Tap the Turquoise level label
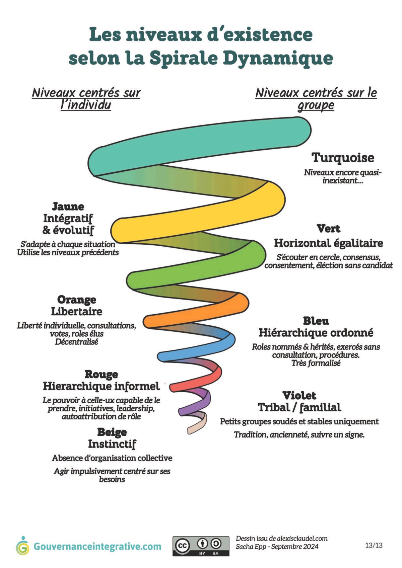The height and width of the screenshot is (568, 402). pyautogui.click(x=343, y=158)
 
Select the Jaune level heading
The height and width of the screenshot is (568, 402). pyautogui.click(x=68, y=207)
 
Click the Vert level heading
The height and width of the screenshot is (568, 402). pyautogui.click(x=328, y=229)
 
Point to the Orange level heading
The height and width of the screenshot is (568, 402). pyautogui.click(x=77, y=300)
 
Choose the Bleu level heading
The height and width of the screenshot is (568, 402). pyautogui.click(x=316, y=321)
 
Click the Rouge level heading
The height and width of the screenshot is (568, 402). pyautogui.click(x=101, y=374)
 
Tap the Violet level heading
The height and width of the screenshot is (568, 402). pyautogui.click(x=299, y=395)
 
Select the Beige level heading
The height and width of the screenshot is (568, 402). pyautogui.click(x=112, y=432)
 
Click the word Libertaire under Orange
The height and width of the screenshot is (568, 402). pyautogui.click(x=77, y=311)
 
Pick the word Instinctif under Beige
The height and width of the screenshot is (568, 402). pyautogui.click(x=112, y=444)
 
